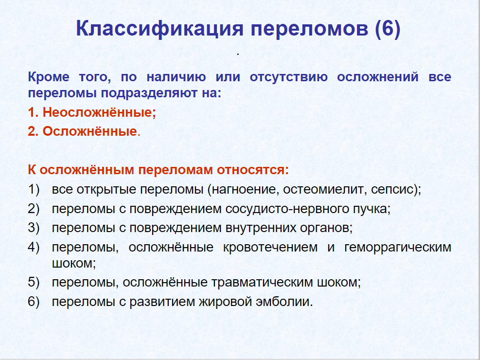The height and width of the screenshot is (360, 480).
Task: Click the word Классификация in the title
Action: click(x=160, y=29)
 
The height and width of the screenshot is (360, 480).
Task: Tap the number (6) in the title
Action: click(x=387, y=29)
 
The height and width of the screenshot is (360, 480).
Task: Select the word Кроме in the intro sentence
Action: click(x=49, y=77)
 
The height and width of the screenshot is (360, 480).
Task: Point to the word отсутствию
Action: click(x=288, y=77)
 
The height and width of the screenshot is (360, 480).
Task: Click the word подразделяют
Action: click(x=149, y=93)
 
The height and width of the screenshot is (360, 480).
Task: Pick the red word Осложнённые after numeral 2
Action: click(x=89, y=131)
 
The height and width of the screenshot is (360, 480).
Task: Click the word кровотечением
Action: click(x=270, y=247)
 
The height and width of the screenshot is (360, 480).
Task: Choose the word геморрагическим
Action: click(x=398, y=248)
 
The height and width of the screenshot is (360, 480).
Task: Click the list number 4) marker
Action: click(x=34, y=247)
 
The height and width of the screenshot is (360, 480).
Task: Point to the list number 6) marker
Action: click(x=34, y=302)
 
